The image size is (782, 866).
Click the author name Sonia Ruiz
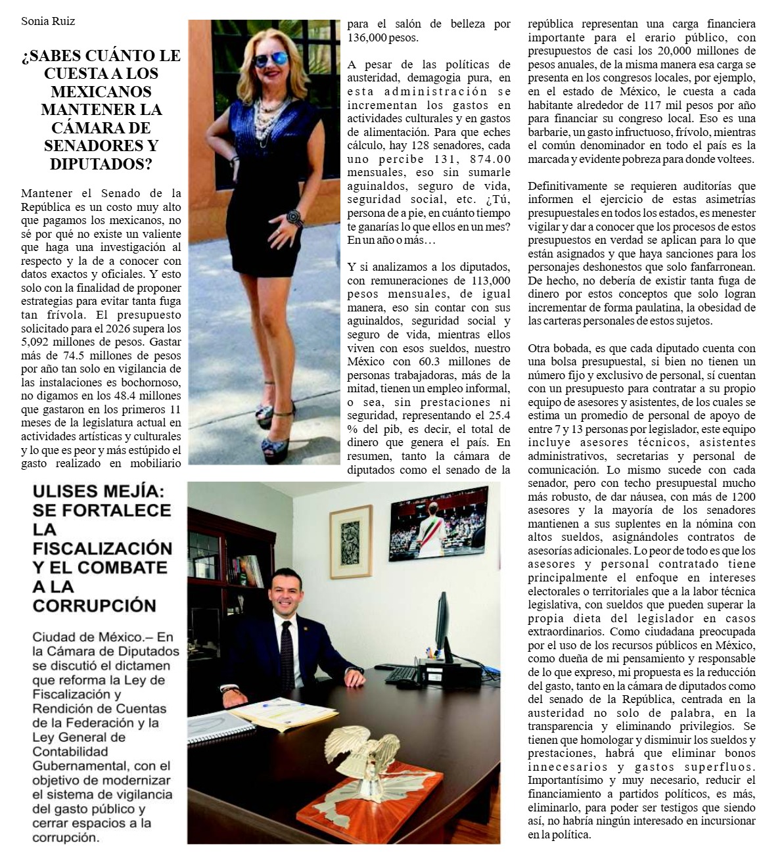click(48, 21)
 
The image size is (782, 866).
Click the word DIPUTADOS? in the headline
click(101, 164)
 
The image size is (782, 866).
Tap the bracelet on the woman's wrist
click(294, 217)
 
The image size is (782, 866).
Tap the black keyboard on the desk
click(403, 673)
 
